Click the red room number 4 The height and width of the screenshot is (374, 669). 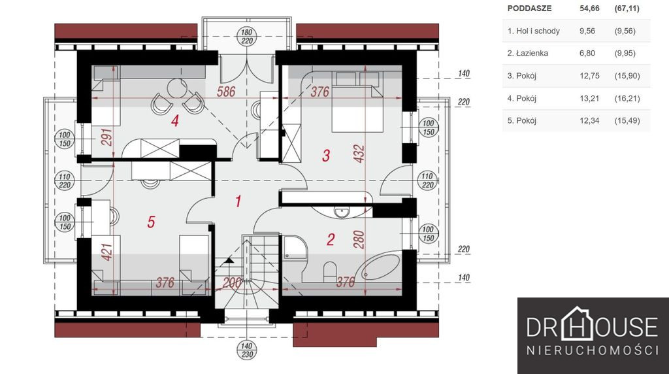[174, 121]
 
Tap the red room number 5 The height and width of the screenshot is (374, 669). [151, 222]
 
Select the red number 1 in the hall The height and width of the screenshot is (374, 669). [238, 201]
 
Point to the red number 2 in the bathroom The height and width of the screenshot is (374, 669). [330, 239]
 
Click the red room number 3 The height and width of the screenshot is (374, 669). [326, 156]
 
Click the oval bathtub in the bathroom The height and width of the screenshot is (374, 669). [380, 267]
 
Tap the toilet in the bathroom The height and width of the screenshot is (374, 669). [330, 273]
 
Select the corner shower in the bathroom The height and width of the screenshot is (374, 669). [295, 248]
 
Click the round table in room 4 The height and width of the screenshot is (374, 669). [176, 88]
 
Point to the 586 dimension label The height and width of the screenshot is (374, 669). [226, 92]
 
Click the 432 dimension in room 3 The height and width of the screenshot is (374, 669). [359, 154]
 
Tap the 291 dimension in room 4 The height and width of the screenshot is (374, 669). [107, 137]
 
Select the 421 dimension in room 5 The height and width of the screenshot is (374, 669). [107, 252]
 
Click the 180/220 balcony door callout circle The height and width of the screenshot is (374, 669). [246, 37]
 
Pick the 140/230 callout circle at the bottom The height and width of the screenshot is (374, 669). [246, 350]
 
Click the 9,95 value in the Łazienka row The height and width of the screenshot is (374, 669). [625, 54]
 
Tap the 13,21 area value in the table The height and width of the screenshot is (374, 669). [590, 99]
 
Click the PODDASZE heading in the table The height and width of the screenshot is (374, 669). [529, 8]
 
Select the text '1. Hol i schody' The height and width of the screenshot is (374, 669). [534, 31]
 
